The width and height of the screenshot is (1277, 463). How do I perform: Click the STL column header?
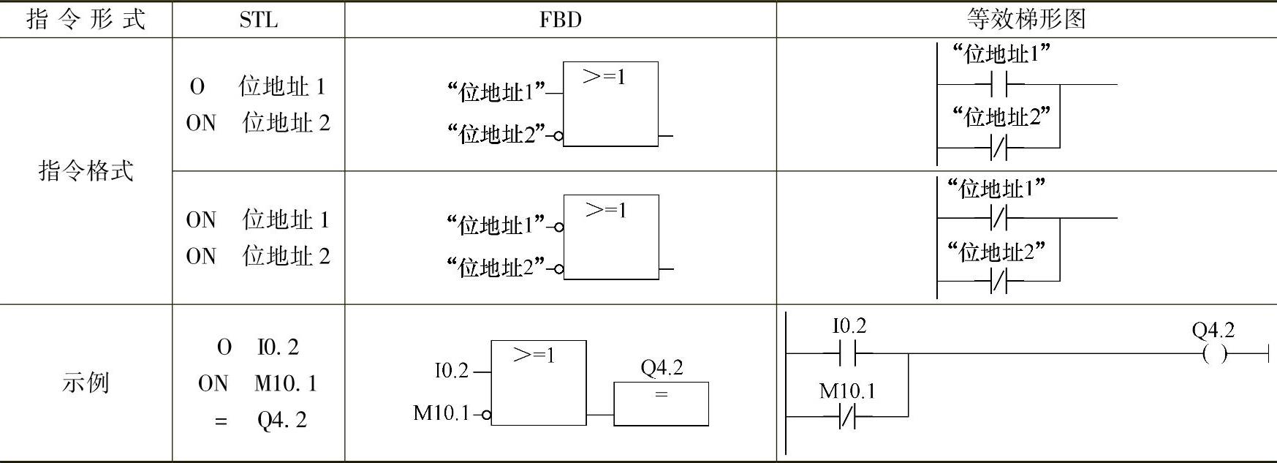tap(258, 20)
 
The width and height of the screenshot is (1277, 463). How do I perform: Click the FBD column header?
tap(560, 20)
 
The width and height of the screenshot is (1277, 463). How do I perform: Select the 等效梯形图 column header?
tap(1026, 19)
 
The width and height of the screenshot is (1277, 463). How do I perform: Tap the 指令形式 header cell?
tap(86, 20)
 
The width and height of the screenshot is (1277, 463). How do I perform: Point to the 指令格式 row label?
tap(86, 171)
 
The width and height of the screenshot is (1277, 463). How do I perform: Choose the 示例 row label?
tap(86, 383)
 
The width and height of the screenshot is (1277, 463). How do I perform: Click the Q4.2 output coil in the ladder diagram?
tap(1214, 355)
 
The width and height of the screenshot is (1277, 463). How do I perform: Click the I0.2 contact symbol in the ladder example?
tap(848, 355)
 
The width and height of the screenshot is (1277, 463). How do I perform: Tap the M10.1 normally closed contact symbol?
tap(848, 418)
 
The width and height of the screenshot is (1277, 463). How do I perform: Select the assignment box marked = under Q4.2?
tap(661, 403)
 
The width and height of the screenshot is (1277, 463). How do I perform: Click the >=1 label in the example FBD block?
tap(534, 356)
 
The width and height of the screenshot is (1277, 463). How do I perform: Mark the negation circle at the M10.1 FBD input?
tap(487, 415)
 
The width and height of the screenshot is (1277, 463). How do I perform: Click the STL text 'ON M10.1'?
tap(257, 383)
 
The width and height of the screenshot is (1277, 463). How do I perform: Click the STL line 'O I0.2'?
tap(258, 347)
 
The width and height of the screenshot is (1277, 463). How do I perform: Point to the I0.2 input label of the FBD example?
tap(451, 371)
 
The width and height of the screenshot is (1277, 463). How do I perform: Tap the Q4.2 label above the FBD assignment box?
tap(662, 367)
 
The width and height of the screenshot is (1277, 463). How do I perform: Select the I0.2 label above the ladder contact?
tap(849, 326)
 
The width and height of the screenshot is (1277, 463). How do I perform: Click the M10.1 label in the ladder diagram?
tap(846, 391)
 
